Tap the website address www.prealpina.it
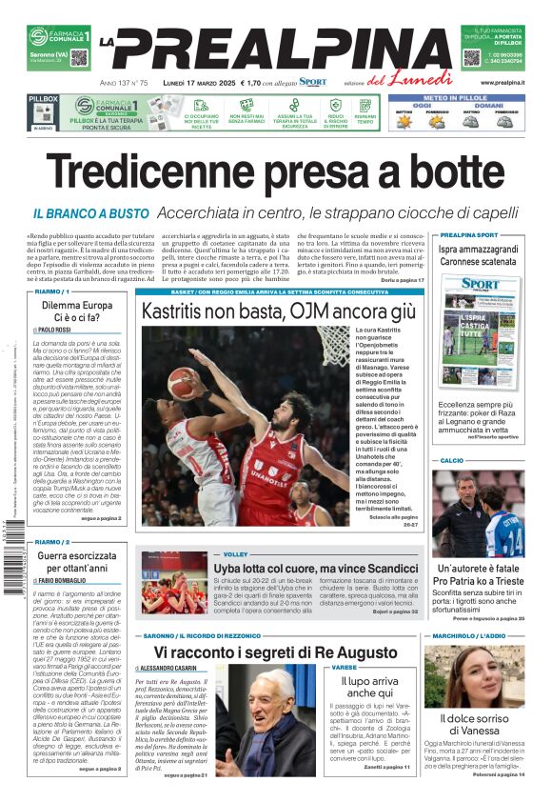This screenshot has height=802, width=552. pyautogui.click(x=502, y=83)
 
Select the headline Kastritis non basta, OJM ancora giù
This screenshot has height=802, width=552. pyautogui.click(x=279, y=311)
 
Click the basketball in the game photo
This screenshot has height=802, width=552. pyautogui.click(x=181, y=382)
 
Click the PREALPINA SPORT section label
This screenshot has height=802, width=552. pyautogui.click(x=468, y=234)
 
